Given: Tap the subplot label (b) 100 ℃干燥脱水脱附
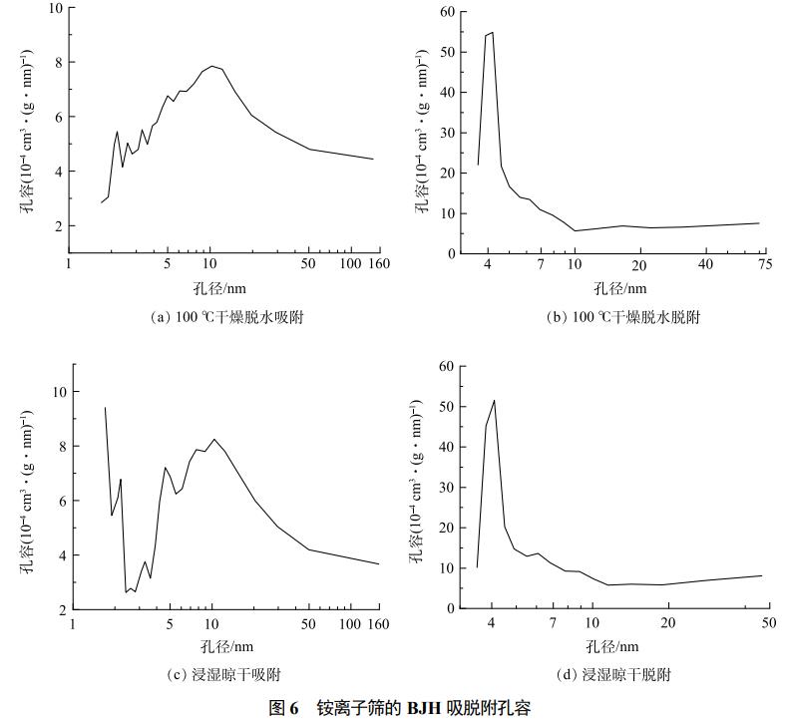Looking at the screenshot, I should coord(623,317).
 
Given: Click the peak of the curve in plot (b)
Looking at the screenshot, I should coord(492,32).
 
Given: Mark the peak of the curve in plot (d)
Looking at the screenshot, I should coord(494,401).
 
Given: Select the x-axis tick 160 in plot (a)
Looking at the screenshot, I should coord(378,264).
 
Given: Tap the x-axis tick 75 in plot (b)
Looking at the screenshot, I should coord(765,264).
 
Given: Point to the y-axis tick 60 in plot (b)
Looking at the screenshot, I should coord(448,12).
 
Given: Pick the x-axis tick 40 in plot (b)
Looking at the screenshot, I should coord(705,264).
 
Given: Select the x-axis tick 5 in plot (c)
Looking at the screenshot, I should coord(169,624).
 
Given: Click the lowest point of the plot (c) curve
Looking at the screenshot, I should coord(126,592).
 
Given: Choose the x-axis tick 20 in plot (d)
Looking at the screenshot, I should coord(668,621).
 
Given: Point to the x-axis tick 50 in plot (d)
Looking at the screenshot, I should coord(768,621).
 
